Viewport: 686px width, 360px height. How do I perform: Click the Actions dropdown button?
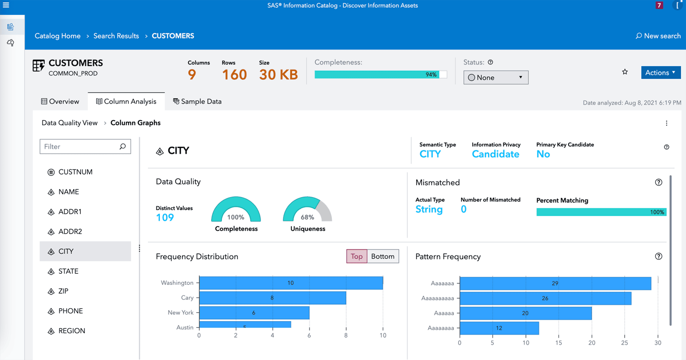click(x=660, y=72)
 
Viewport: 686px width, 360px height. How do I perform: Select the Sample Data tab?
click(x=197, y=101)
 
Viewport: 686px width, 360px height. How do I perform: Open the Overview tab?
click(x=60, y=101)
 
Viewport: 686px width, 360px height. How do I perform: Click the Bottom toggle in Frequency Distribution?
click(x=383, y=256)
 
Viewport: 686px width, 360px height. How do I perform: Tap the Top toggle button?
click(x=357, y=256)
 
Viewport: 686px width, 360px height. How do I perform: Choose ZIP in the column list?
click(x=63, y=291)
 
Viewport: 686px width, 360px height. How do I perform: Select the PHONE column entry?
click(x=71, y=311)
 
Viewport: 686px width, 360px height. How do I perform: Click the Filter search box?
click(x=80, y=146)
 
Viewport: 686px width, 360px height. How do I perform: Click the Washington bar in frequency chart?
click(x=291, y=283)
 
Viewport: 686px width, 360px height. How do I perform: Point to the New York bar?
click(x=254, y=313)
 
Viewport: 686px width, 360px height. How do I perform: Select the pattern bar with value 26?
click(x=545, y=298)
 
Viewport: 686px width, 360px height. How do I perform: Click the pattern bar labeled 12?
click(x=499, y=328)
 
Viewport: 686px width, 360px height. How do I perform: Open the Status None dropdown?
click(x=495, y=77)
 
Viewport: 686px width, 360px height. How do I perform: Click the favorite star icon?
click(x=625, y=72)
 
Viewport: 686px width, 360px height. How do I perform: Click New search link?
click(x=658, y=36)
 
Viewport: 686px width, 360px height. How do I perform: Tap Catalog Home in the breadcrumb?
click(x=58, y=36)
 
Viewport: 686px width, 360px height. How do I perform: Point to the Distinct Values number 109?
click(x=165, y=217)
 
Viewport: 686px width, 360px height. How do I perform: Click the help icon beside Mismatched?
click(x=658, y=182)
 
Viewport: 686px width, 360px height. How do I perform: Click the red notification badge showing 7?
click(x=659, y=5)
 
